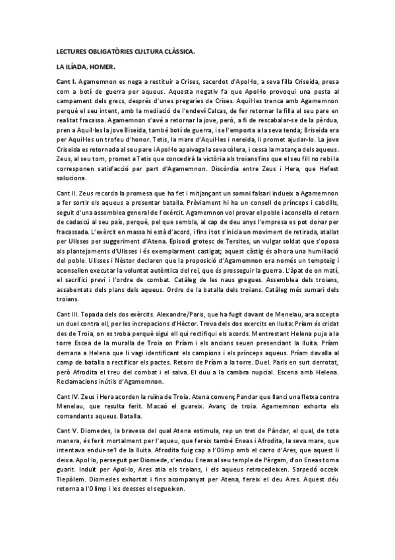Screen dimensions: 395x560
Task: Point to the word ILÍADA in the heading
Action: pyautogui.click(x=74, y=66)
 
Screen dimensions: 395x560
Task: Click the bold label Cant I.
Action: pyautogui.click(x=67, y=81)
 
